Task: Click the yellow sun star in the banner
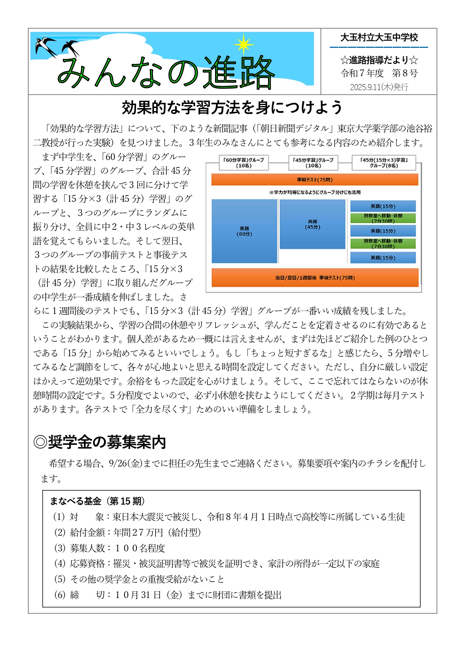(244, 44)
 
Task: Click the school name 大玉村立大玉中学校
(379, 37)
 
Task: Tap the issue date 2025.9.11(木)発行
(379, 87)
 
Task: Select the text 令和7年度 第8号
(379, 73)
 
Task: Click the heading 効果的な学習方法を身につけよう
(232, 108)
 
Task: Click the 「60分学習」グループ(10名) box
(244, 163)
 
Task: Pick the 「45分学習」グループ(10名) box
(313, 163)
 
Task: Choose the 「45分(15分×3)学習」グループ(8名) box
(384, 163)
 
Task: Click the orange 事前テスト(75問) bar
(314, 180)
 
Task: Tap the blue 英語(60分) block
(244, 231)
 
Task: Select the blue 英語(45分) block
(312, 224)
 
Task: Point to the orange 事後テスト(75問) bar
(314, 278)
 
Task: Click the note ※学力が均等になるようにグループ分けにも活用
(314, 193)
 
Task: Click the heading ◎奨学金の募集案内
(99, 442)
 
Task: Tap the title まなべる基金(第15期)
(97, 501)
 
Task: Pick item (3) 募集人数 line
(110, 548)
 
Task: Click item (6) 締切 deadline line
(168, 595)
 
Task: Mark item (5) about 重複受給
(139, 579)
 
